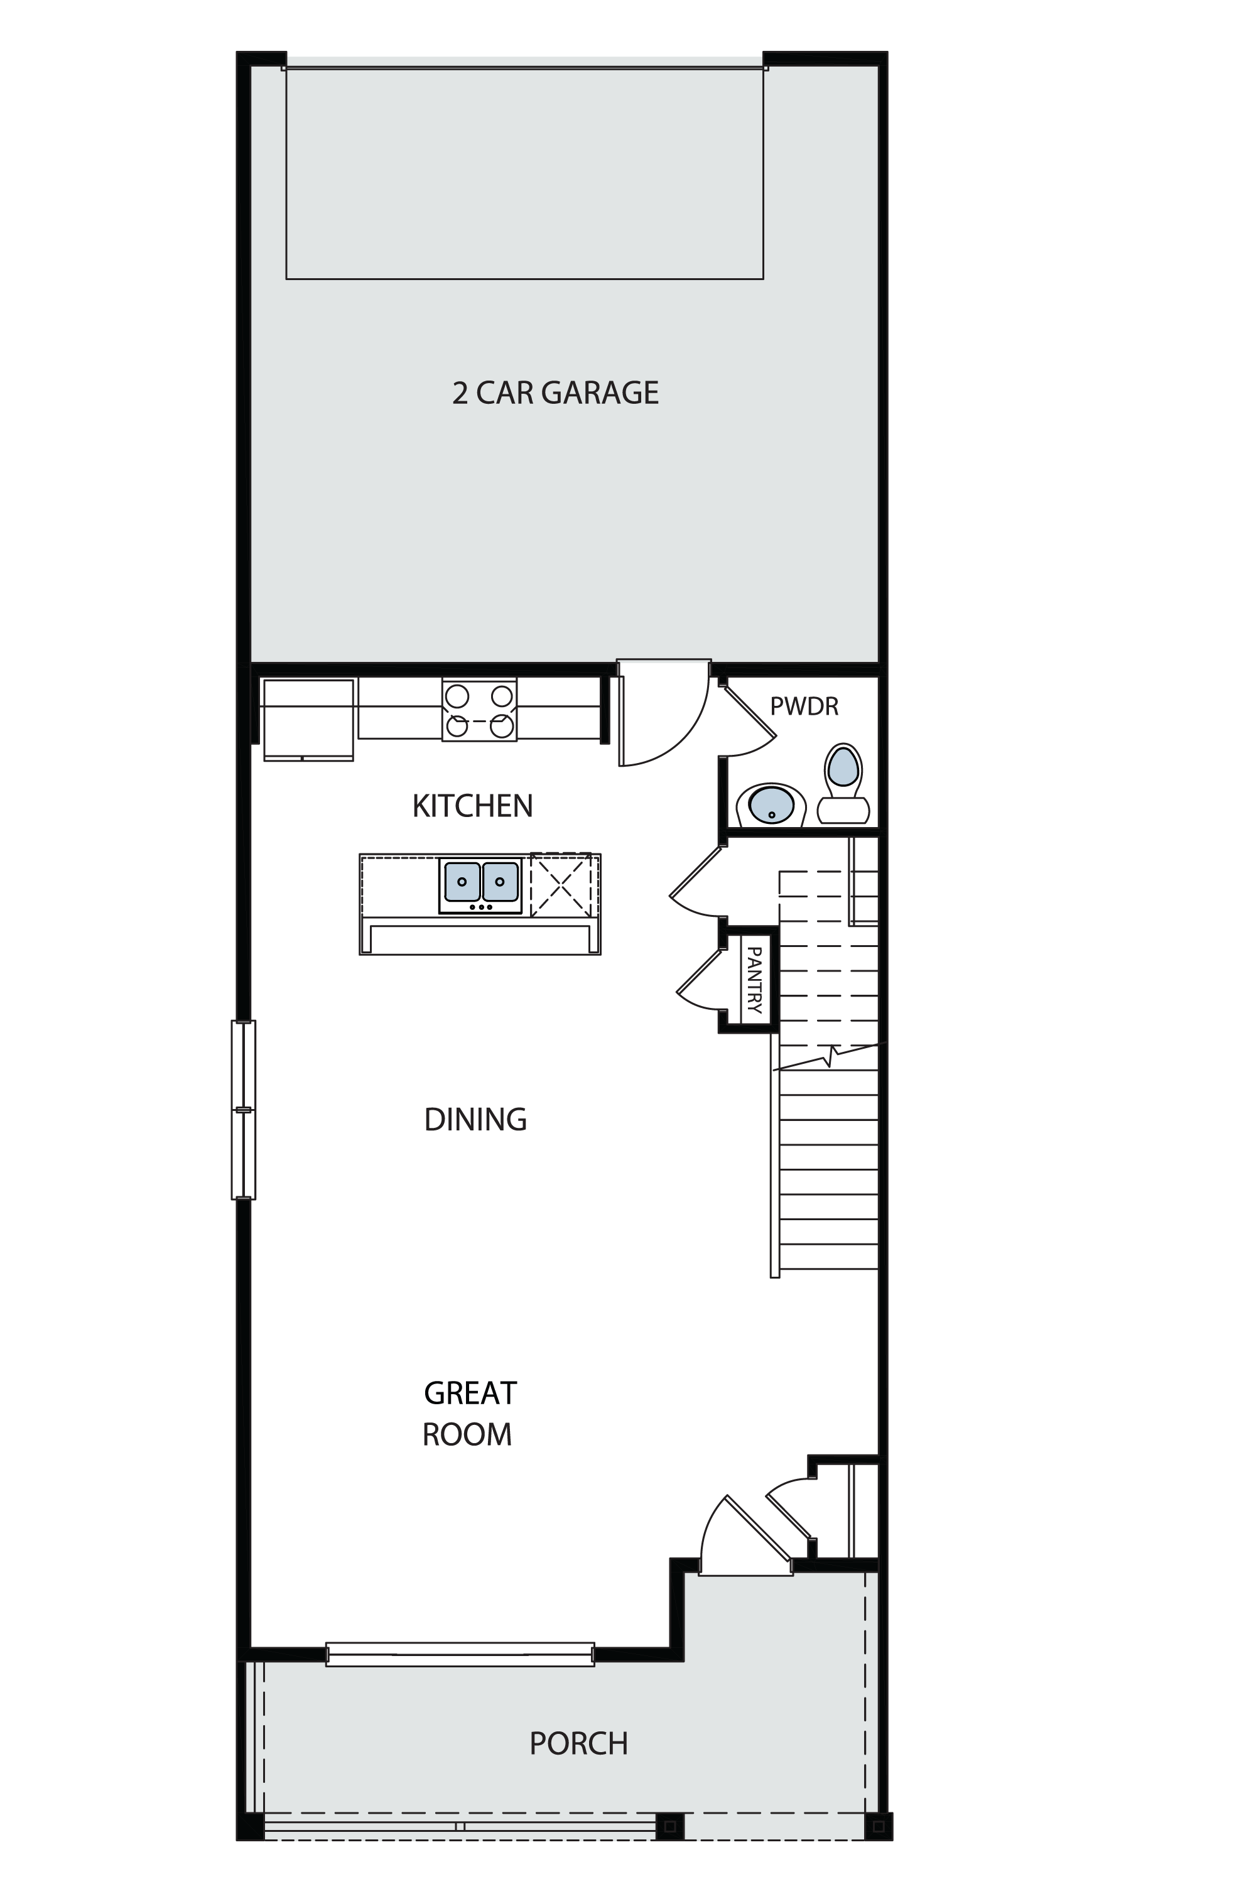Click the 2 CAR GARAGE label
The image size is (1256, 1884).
click(555, 393)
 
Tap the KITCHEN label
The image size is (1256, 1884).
click(473, 806)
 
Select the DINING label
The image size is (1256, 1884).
click(475, 1119)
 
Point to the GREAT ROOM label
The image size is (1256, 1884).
click(469, 1414)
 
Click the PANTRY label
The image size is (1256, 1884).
click(754, 980)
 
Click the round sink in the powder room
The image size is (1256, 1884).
click(771, 804)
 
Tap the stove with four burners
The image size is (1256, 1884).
click(479, 710)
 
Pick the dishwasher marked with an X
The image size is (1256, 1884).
click(561, 884)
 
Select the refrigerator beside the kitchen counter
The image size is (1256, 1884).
click(308, 719)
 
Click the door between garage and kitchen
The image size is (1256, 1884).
click(663, 712)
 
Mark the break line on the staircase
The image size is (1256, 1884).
click(826, 1058)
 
